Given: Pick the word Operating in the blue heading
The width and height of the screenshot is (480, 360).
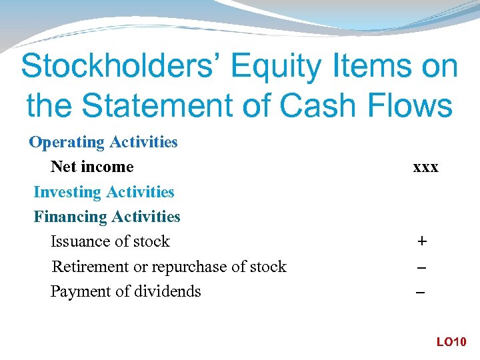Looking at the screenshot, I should tap(67, 142).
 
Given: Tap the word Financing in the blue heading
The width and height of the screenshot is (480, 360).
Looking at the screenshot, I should tap(71, 217).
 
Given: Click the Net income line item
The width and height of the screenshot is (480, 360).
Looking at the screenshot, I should tap(92, 167).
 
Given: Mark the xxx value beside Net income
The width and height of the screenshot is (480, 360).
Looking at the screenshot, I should tap(425, 167).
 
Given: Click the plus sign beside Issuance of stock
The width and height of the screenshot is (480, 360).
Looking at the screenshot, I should tap(421, 241).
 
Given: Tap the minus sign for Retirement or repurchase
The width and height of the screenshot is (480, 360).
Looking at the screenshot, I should tap(421, 267).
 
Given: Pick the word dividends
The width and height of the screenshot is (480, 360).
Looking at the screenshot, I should tap(171, 291).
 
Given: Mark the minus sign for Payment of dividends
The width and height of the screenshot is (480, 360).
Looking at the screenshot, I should tap(421, 292).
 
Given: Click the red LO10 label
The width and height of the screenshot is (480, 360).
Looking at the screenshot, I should tap(451, 342).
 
